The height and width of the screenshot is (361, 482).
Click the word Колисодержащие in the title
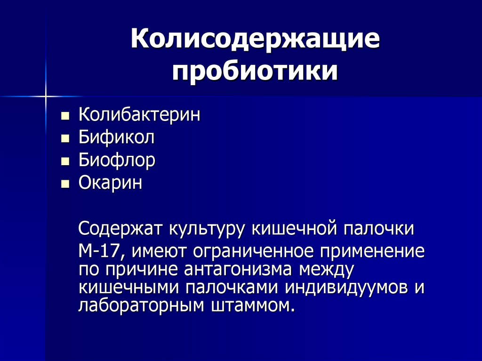pos(255,41)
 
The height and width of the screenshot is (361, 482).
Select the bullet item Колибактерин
pos(139,115)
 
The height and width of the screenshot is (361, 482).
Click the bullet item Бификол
pos(116,138)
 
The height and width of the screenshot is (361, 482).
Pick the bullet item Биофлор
pos(117,161)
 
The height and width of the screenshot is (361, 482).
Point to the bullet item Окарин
pos(110,183)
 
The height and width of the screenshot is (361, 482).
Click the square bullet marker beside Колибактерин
pos(65,116)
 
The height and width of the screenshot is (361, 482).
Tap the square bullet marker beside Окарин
pos(65,184)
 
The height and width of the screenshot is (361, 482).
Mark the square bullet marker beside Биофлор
pos(65,161)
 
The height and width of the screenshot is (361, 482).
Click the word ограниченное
pos(223,252)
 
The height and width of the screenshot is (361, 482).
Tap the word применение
pos(372,252)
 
